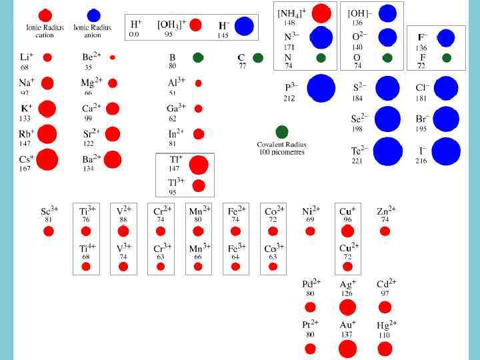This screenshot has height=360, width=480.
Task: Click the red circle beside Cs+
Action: [47, 160]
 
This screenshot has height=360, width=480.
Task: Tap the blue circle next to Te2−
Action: [387, 151]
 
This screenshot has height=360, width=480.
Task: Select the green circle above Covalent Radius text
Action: [282, 131]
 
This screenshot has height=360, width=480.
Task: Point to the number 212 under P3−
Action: [289, 99]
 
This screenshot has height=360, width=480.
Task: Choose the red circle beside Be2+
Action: [112, 58]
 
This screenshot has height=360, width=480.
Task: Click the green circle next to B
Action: [198, 58]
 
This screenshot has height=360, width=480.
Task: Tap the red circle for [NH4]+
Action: [321, 13]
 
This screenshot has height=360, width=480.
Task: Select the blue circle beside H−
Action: [244, 26]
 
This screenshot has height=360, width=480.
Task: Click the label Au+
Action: [348, 325]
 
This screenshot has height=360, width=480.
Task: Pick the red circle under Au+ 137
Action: [347, 348]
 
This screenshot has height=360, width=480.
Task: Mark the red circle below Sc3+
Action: [49, 231]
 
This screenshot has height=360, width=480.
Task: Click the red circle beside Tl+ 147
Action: [198, 164]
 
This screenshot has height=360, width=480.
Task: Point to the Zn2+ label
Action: [386, 210]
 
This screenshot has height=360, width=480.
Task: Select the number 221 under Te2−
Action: [359, 161]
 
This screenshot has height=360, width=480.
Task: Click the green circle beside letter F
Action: [446, 58]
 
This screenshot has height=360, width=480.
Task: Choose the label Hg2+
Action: [387, 325]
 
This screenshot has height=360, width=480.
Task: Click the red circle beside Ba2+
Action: [112, 160]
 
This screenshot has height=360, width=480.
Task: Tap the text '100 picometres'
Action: [281, 152]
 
